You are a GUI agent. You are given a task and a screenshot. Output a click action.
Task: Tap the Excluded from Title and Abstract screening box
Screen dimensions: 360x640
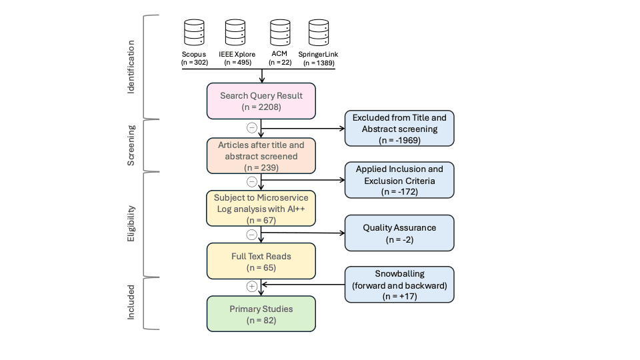click(x=399, y=128)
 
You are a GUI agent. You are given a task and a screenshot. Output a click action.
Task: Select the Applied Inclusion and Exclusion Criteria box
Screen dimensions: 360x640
click(x=399, y=180)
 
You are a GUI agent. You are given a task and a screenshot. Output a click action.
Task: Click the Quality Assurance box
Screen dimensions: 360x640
click(x=399, y=233)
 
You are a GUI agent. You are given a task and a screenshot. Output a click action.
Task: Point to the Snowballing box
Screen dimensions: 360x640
click(x=399, y=285)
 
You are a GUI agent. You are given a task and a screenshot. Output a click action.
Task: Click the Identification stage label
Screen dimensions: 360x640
click(x=131, y=67)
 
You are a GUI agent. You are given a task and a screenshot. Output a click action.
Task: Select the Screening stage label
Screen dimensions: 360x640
click(x=131, y=145)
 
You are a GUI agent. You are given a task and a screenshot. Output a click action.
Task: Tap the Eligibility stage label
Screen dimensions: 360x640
click(x=131, y=223)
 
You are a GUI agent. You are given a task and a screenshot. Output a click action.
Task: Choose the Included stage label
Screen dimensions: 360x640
click(x=131, y=303)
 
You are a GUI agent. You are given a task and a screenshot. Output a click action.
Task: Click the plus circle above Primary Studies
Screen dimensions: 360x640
click(x=251, y=286)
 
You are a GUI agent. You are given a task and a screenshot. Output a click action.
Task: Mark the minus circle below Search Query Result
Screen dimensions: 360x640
click(x=251, y=128)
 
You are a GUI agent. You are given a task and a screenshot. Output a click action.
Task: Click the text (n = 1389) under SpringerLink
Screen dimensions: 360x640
click(x=319, y=63)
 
